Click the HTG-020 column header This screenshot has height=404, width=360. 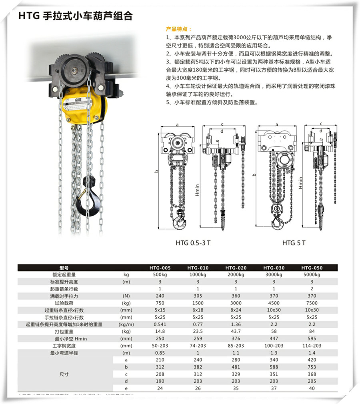pos(236,268)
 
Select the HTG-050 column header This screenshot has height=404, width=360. pos(312,268)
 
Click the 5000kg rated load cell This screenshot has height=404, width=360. pos(312,275)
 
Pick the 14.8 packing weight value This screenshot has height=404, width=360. pos(160,331)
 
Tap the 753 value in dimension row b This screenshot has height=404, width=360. pos(312,367)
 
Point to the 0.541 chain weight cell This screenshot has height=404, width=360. pos(160,324)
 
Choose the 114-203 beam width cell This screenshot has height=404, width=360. pos(312,346)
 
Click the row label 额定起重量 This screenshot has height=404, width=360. pos(64,275)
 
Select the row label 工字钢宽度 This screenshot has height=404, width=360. pos(64,346)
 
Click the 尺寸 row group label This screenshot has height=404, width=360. pos(64,374)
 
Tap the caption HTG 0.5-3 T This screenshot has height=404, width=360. pos(193,242)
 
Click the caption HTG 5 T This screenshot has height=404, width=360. pos(294,242)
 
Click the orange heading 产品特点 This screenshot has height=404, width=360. pos(179,29)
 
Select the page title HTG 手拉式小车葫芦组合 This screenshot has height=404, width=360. pos(76,16)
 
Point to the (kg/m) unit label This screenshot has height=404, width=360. pos(128,324)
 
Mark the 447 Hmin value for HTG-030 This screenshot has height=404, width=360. pos(274,338)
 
